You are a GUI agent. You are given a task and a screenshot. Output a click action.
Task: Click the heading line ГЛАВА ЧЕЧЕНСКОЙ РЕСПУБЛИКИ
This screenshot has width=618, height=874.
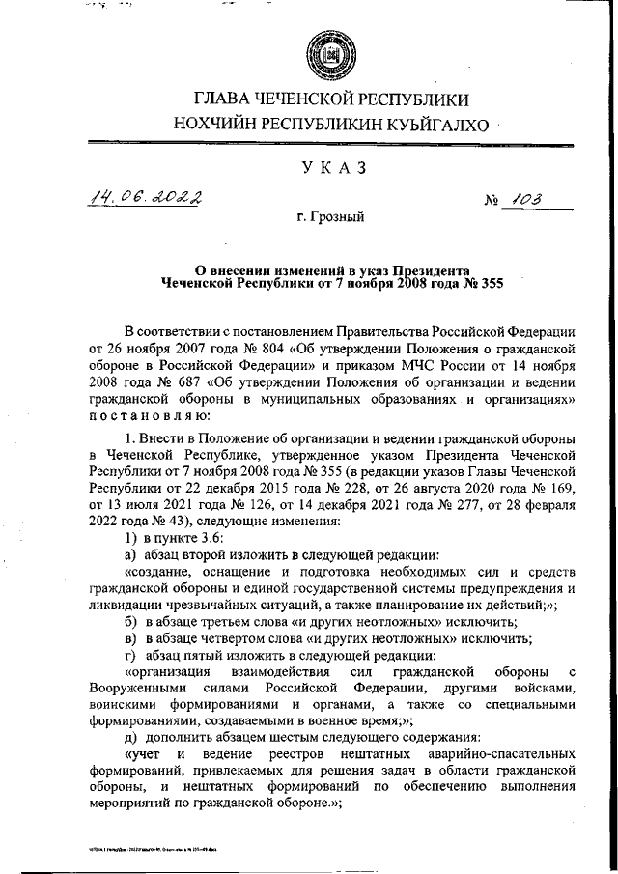tap(332, 99)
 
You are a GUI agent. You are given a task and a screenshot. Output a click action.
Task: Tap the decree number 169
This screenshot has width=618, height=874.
tap(563, 487)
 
